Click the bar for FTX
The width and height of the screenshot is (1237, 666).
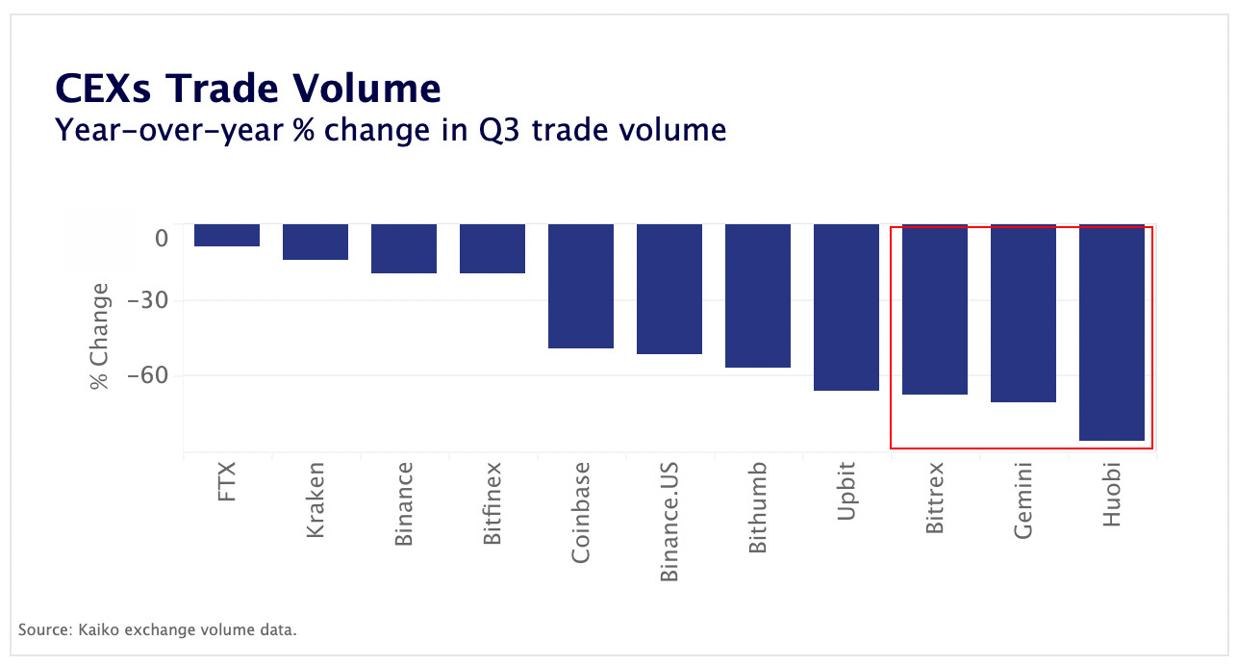click(x=227, y=235)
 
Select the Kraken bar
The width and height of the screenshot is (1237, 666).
click(x=316, y=242)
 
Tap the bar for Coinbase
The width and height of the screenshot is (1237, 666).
click(x=581, y=286)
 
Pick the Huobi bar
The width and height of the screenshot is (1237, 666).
click(x=1112, y=332)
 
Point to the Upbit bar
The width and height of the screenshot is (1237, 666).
click(x=846, y=307)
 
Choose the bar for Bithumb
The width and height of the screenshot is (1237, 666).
click(x=758, y=295)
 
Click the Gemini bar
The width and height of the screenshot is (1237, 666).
click(x=1023, y=313)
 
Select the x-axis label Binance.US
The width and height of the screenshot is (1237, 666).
click(x=669, y=522)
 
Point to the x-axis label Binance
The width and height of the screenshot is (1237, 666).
click(x=404, y=504)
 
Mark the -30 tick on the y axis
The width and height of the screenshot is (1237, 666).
click(x=147, y=300)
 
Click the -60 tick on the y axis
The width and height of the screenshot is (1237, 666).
click(x=147, y=375)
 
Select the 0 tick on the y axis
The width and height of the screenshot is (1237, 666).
click(x=162, y=239)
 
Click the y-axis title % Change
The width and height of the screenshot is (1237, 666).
click(x=99, y=336)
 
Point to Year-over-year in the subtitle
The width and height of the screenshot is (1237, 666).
click(x=169, y=129)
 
